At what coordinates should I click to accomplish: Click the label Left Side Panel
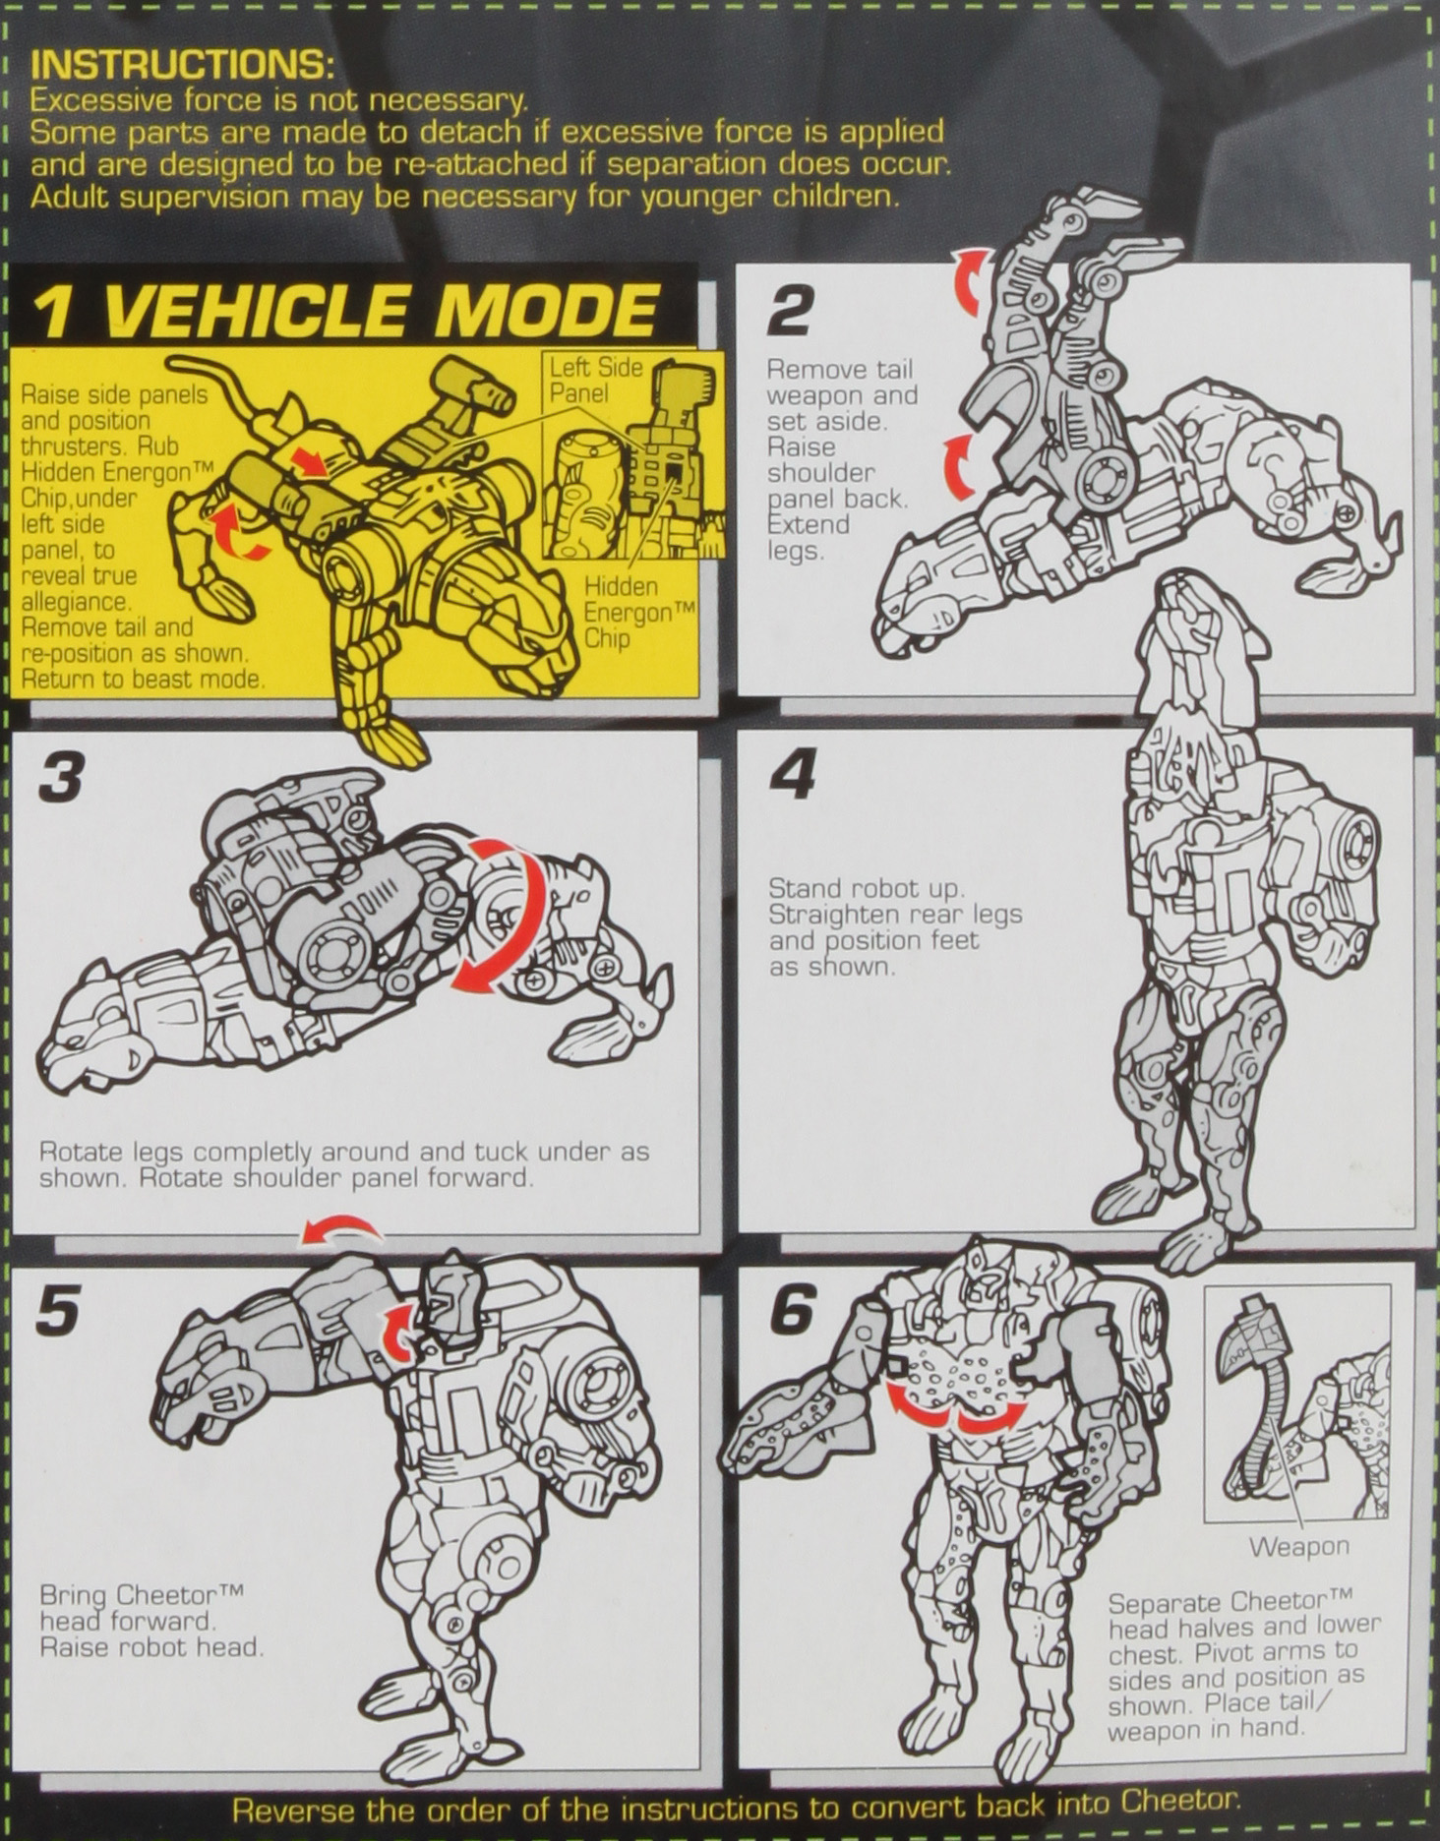point(595,380)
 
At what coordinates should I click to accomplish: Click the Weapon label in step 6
point(1298,1546)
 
